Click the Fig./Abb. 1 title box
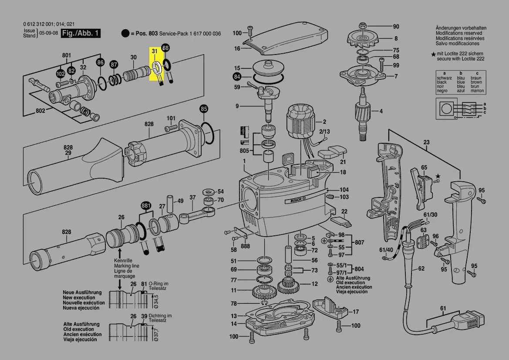[x=81, y=34]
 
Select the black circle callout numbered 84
[x=236, y=78]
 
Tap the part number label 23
[x=426, y=142]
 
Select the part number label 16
[x=237, y=48]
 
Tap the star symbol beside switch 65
[x=438, y=176]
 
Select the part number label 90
[x=396, y=26]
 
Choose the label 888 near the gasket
[x=245, y=247]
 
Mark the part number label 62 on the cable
[x=421, y=268]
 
